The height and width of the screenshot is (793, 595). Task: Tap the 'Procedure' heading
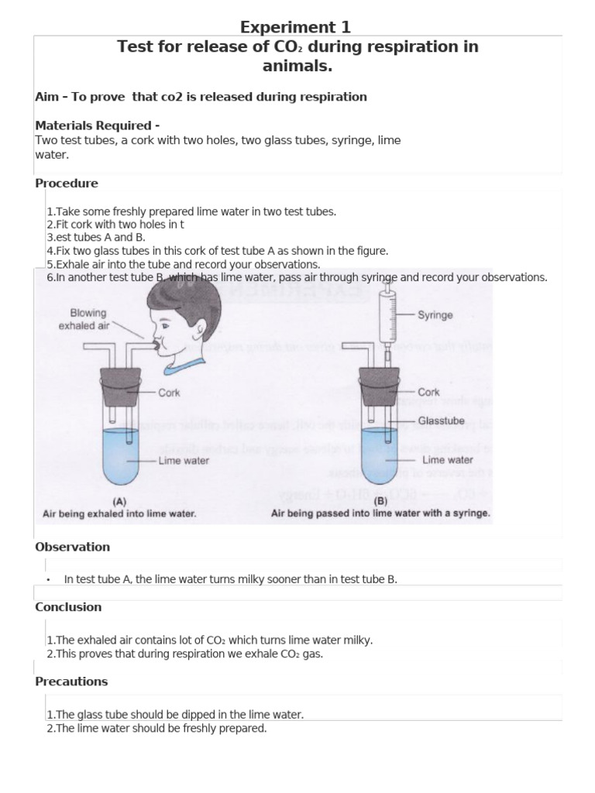pos(67,184)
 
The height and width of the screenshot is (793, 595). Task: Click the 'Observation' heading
pos(72,547)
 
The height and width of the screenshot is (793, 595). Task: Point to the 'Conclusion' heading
pos(68,607)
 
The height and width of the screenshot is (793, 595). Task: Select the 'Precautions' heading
pos(71,681)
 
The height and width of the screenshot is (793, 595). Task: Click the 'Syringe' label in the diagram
pos(435,315)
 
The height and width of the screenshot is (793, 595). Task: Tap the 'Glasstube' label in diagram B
pos(442,421)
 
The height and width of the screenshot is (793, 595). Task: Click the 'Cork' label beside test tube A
pos(169,393)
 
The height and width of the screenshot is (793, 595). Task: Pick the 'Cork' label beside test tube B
pos(428,393)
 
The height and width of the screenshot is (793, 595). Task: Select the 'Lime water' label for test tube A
pos(183,461)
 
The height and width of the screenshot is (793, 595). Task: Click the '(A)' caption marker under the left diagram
pos(119,501)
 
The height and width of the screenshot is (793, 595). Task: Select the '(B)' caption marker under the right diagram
pos(380,501)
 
